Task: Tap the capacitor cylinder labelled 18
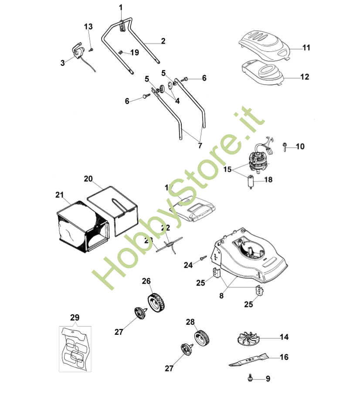(x=251, y=182)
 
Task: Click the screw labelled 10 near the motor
(x=285, y=146)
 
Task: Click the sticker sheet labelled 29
(x=75, y=348)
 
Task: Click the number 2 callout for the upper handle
(x=163, y=42)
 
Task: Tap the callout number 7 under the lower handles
(x=200, y=146)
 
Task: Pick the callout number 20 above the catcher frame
(x=88, y=179)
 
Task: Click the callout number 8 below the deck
(x=221, y=296)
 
